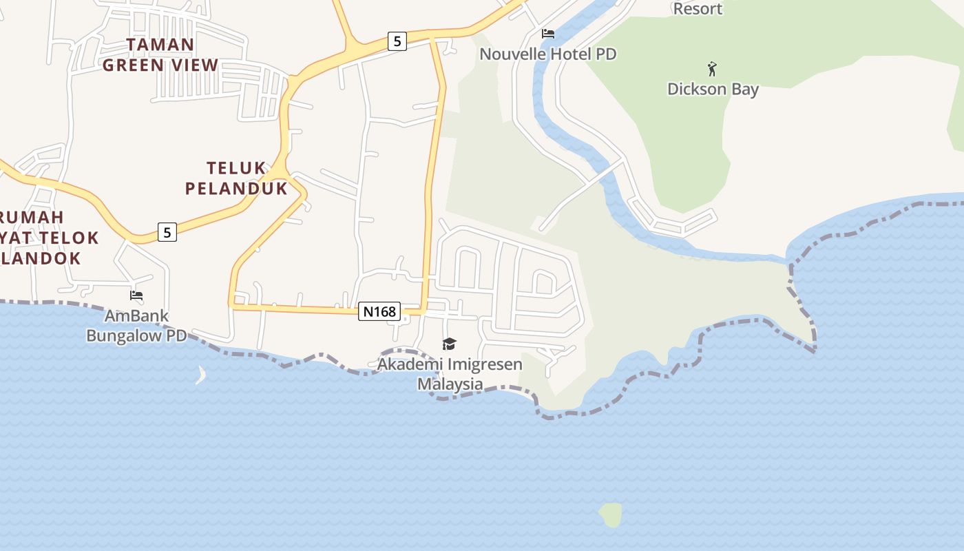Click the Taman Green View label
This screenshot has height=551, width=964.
(x=160, y=55)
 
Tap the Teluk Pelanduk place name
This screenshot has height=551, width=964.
(x=236, y=178)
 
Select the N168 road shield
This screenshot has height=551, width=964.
(x=379, y=311)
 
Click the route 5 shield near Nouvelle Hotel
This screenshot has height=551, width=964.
(x=397, y=41)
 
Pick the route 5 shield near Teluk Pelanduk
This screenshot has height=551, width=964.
(x=167, y=232)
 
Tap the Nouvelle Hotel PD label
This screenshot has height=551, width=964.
(x=547, y=54)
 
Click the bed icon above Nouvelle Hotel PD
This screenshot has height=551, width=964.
(x=548, y=33)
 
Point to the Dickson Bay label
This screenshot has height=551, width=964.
(x=713, y=89)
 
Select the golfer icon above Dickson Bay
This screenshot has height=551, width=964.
(x=712, y=69)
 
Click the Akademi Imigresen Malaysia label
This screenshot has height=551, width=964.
(x=450, y=373)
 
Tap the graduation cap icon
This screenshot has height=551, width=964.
(x=449, y=344)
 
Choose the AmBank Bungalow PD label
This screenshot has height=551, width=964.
(x=136, y=326)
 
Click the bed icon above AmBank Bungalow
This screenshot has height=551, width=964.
(x=136, y=295)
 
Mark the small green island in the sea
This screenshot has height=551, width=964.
(x=611, y=514)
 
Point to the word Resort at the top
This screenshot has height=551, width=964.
(x=698, y=9)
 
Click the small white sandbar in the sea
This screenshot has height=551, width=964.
(x=201, y=375)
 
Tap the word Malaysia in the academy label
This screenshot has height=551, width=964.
(x=450, y=384)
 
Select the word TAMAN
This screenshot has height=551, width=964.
(x=160, y=45)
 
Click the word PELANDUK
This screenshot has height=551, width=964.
(x=236, y=188)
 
